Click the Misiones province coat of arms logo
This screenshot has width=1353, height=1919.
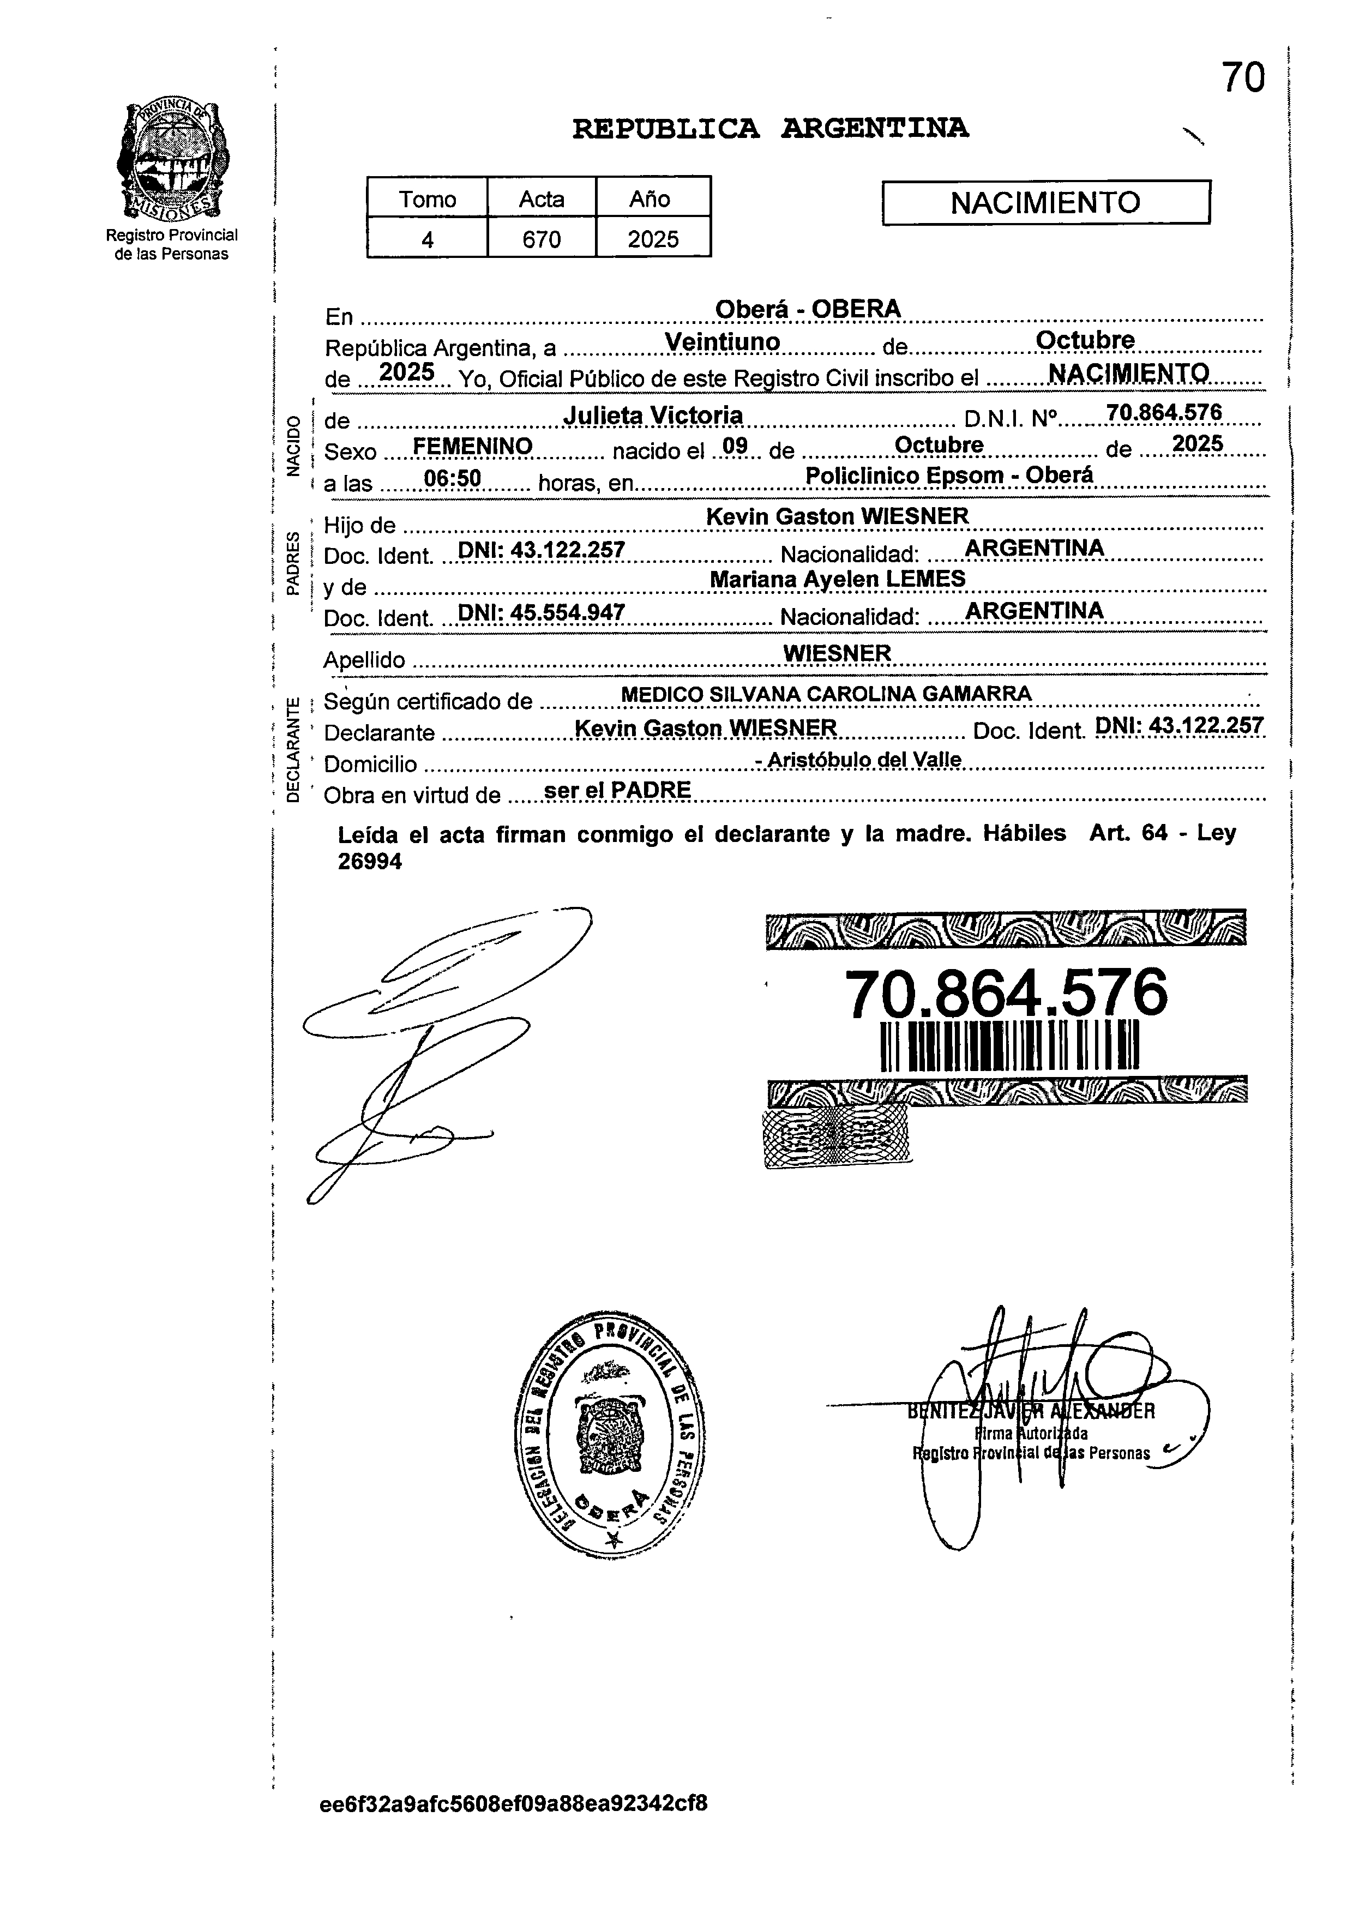pos(172,159)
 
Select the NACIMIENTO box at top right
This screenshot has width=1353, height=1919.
pos(1045,202)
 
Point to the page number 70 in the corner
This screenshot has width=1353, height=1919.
pos(1243,78)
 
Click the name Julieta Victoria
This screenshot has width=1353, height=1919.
pos(653,414)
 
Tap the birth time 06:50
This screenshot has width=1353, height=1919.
pos(452,478)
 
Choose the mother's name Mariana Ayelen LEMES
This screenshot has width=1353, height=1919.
pos(837,579)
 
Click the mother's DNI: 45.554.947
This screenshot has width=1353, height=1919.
pos(542,612)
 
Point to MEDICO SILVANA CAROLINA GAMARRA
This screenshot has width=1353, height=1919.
pos(827,694)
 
